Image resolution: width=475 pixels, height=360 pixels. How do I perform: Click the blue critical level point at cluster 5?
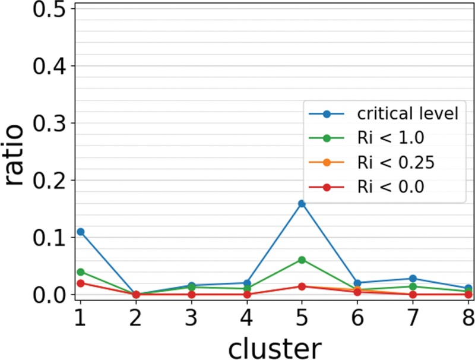(302, 204)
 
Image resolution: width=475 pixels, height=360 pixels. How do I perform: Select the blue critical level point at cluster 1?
(80, 232)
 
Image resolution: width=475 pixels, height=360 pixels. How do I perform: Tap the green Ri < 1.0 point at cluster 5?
(302, 260)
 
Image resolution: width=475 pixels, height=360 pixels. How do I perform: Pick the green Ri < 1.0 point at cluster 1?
(80, 272)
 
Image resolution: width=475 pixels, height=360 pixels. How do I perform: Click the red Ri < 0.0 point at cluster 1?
(80, 283)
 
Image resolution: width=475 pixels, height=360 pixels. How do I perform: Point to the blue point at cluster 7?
(413, 279)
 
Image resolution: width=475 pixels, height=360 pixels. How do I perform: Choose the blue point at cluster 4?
(246, 283)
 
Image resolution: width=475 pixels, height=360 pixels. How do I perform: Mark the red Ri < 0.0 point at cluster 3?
(191, 294)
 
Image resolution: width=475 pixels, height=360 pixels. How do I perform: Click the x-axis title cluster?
(274, 345)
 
